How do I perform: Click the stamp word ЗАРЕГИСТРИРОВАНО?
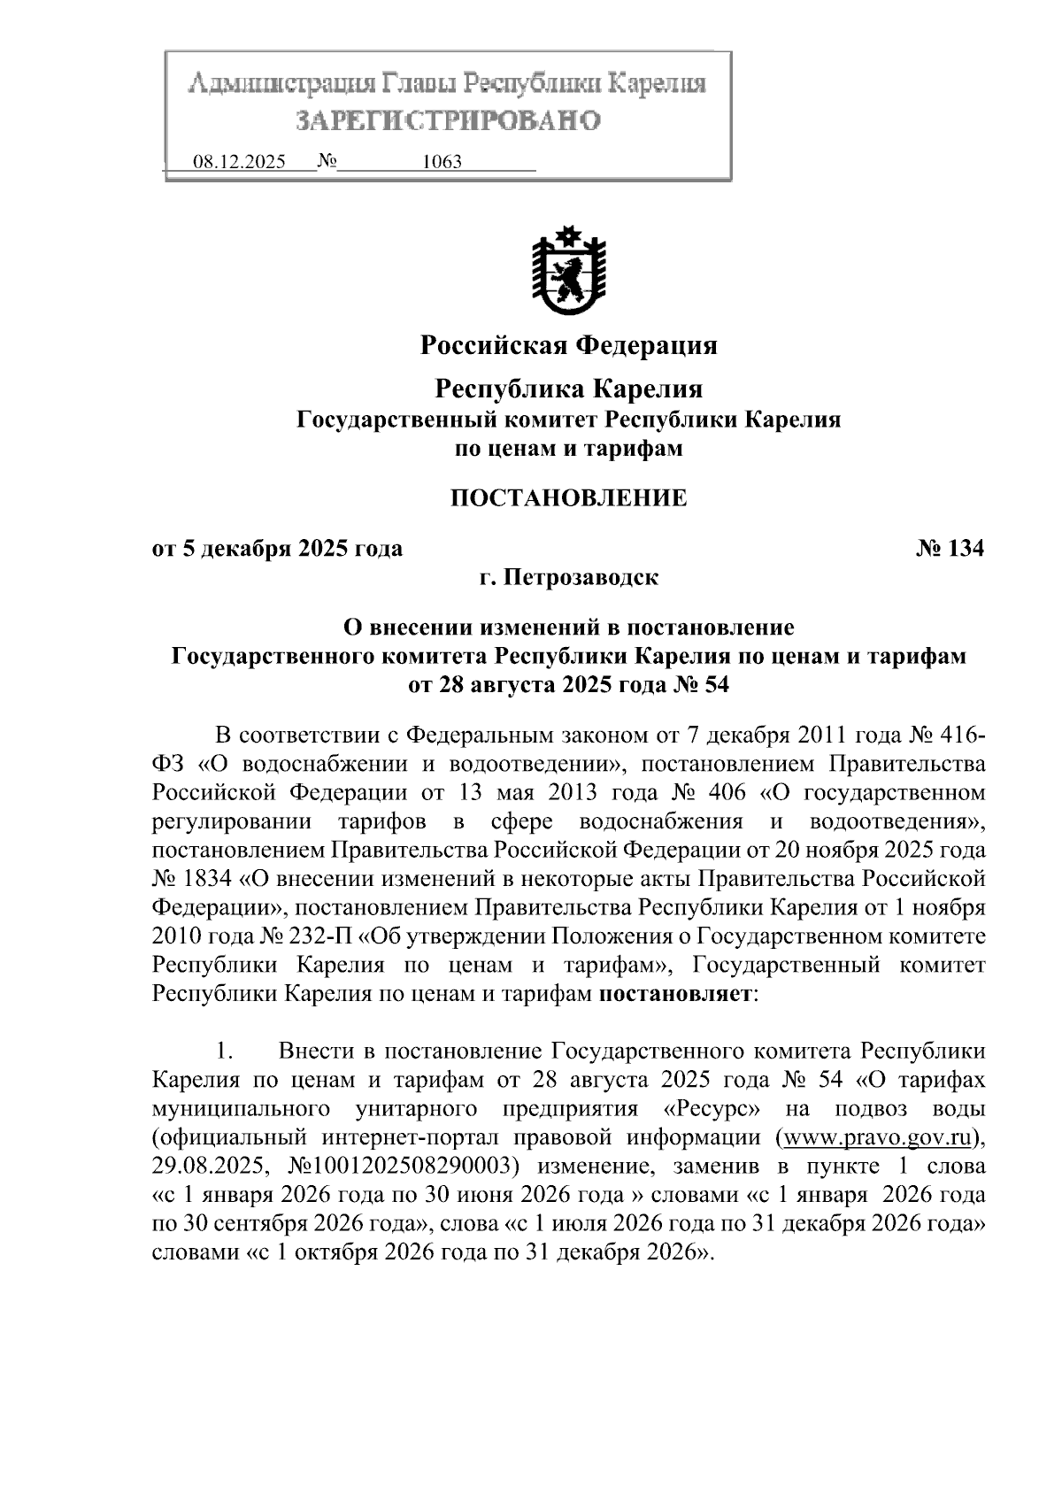coord(447,120)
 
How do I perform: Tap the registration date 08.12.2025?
coord(239,163)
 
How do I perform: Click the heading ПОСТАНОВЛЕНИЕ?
coord(569,498)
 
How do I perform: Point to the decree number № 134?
coord(949,549)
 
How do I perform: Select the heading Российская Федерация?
coord(568,345)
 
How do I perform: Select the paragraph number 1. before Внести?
coord(224,1051)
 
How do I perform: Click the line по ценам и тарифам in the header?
coord(568,449)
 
